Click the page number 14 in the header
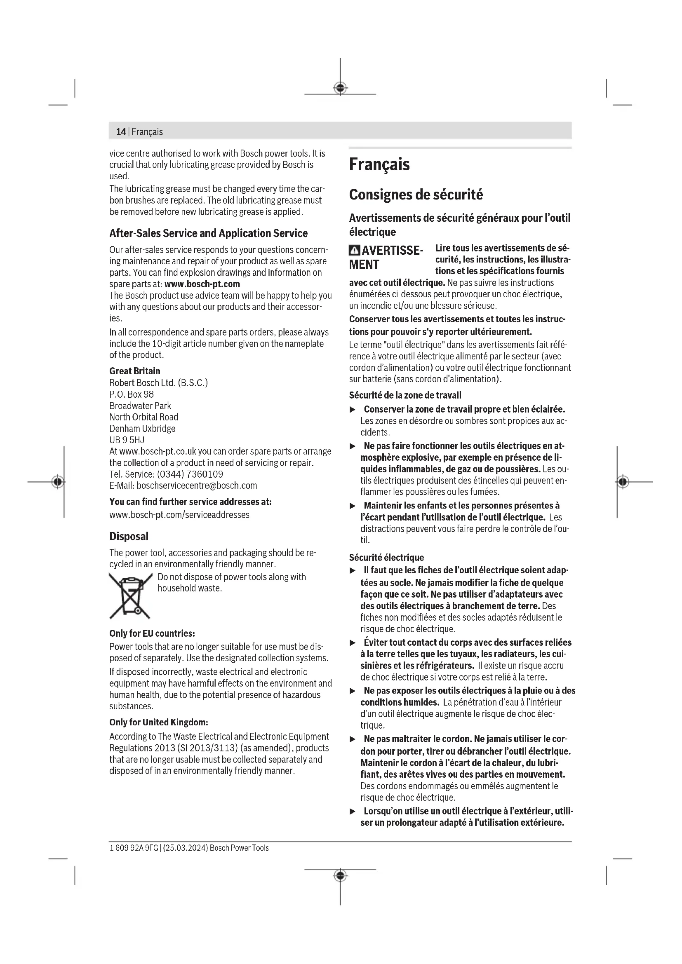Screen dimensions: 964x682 [120, 132]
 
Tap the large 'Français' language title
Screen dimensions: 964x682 [379, 164]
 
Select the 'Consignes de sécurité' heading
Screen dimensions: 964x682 [416, 195]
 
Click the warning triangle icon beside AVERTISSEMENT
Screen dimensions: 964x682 [355, 251]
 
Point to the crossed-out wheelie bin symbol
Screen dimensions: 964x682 [130, 596]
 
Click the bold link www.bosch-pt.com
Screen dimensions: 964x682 [202, 284]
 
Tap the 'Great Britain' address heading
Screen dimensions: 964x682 [135, 371]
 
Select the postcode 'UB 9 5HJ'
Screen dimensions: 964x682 [127, 440]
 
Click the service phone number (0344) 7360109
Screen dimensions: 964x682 [190, 474]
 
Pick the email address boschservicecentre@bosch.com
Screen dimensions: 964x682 [197, 486]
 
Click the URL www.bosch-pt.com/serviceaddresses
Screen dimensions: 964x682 [179, 515]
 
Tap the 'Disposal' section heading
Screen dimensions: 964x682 [129, 536]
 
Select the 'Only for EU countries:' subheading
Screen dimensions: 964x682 [152, 633]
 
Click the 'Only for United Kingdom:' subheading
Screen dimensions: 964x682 [159, 722]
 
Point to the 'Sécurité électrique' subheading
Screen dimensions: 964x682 [386, 558]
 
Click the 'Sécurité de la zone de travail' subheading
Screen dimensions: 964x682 [405, 396]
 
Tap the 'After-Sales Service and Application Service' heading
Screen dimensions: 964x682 [208, 233]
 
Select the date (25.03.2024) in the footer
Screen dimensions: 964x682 [185, 848]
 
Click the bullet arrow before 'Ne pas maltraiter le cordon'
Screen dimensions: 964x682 [353, 739]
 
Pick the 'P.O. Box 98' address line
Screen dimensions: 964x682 [132, 394]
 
